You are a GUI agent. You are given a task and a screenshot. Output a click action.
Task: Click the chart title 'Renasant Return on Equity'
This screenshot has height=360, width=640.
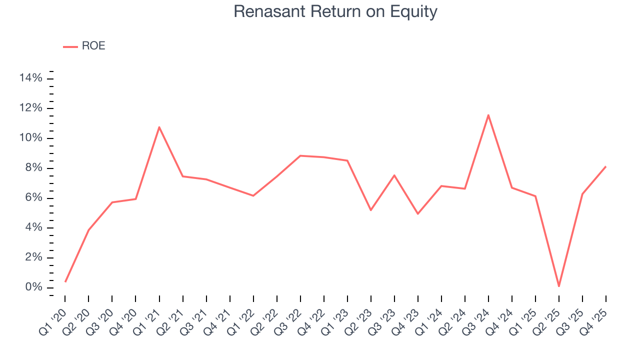coord(335,11)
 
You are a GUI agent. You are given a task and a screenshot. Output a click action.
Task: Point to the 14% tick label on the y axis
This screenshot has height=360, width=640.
coord(31,78)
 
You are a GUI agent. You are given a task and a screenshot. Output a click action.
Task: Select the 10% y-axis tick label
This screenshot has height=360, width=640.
coord(31,138)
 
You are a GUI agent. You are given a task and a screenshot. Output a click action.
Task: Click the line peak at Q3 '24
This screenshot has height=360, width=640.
coord(488,115)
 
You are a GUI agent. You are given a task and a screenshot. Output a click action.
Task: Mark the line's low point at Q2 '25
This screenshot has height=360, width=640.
coord(558,286)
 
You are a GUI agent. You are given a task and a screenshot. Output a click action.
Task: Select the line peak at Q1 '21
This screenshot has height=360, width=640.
coord(159,127)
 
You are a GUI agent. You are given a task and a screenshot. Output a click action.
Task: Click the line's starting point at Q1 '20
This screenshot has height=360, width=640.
coord(65,281)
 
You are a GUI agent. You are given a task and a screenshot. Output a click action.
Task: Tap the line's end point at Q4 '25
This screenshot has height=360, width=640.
coord(605,166)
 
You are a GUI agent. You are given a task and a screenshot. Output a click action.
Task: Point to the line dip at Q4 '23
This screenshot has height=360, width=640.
coord(417,214)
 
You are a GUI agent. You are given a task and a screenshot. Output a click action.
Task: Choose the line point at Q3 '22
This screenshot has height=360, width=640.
coord(300,155)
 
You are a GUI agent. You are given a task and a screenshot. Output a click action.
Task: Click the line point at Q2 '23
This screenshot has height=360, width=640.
coord(370,210)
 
